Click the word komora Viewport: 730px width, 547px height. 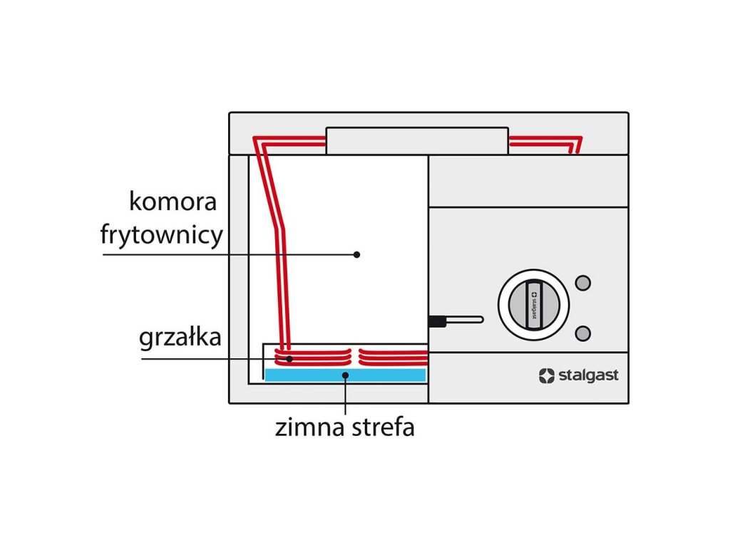173,202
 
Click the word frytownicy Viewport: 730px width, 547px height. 162,235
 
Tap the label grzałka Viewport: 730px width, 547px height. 180,338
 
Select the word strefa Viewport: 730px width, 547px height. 383,427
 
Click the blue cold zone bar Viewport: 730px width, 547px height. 345,375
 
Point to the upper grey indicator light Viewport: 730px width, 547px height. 583,283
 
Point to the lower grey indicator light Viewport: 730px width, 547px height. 583,333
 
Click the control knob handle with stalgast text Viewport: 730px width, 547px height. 534,305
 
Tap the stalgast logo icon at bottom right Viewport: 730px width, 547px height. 547,376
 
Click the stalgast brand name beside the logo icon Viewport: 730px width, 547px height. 588,375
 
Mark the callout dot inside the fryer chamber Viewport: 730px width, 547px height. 356,254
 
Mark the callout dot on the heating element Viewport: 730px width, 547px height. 289,359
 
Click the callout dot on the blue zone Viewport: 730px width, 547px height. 345,375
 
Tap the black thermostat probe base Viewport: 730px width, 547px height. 437,321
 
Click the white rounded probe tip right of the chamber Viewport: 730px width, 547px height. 465,320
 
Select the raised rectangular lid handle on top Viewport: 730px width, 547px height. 417,140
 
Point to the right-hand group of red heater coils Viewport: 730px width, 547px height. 393,357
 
